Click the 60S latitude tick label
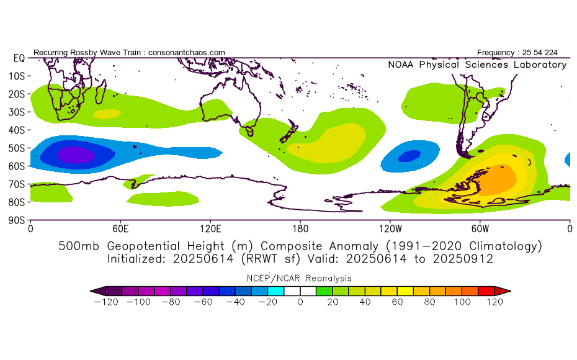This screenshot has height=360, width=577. click(x=16, y=166)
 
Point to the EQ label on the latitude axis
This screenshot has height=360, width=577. click(x=19, y=58)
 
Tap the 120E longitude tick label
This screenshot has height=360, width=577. click(x=210, y=229)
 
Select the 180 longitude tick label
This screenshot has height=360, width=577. click(x=300, y=229)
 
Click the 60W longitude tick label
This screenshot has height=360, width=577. click(x=480, y=229)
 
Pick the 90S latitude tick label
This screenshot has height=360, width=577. click(x=16, y=220)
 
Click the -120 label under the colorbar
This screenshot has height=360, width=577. click(x=106, y=302)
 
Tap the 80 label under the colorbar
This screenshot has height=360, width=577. click(x=429, y=302)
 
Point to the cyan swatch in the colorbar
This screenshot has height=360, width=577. click(x=275, y=291)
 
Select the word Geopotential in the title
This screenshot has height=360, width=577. click(x=164, y=246)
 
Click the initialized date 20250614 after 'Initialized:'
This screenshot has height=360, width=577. click(x=203, y=259)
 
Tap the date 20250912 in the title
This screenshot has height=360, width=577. click(x=463, y=259)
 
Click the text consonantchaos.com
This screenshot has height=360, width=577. click(x=187, y=53)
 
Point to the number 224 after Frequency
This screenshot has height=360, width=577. click(x=551, y=53)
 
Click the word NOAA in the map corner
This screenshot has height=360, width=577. click(x=401, y=65)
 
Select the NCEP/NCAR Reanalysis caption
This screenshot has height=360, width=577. click(x=299, y=278)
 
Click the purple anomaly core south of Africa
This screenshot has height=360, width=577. click(x=76, y=155)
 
